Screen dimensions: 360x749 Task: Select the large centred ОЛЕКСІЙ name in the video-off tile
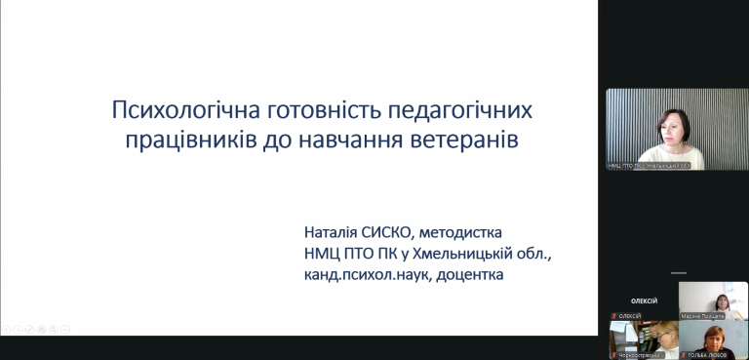click(644, 301)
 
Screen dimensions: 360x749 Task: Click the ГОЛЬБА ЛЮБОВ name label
click(719, 355)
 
